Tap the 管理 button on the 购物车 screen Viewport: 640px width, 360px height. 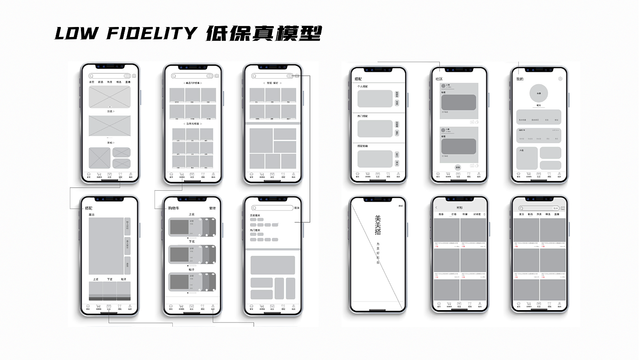212,208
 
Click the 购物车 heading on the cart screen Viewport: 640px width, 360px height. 174,208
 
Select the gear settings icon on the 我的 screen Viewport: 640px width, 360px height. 560,79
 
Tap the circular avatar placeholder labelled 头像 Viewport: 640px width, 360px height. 539,93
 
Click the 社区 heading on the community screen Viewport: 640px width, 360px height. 439,79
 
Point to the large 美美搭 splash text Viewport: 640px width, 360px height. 378,225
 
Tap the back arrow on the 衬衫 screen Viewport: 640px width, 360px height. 436,208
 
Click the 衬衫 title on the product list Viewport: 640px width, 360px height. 459,208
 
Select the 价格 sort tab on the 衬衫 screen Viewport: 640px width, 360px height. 453,214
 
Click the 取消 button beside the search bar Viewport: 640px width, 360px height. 297,208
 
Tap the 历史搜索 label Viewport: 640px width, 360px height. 255,215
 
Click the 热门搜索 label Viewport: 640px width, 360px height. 255,230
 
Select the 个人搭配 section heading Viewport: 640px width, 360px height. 363,86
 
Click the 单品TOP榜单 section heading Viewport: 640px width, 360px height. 192,83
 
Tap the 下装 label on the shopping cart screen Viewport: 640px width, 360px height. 192,242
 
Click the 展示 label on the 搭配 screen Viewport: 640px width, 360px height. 91,215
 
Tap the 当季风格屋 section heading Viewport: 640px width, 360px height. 192,124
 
